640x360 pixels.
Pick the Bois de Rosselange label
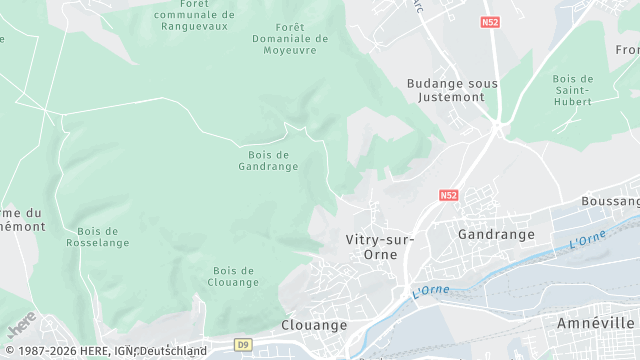[x=98, y=236]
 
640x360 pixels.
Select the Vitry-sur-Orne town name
[x=371, y=247]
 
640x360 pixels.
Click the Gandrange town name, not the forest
[x=496, y=234]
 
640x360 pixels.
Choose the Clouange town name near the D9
[x=314, y=325]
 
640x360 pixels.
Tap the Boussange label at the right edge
[x=611, y=201]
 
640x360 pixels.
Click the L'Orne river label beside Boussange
[x=587, y=239]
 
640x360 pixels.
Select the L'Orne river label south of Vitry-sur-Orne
[x=431, y=292]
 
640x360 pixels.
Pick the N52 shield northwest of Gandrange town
[x=448, y=196]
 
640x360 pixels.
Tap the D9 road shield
[x=243, y=345]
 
